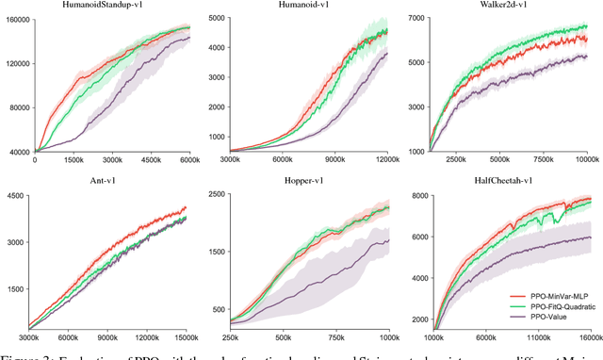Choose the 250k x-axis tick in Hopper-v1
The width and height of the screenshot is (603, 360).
click(x=230, y=336)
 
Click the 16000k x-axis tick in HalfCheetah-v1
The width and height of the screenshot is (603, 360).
click(x=588, y=336)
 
